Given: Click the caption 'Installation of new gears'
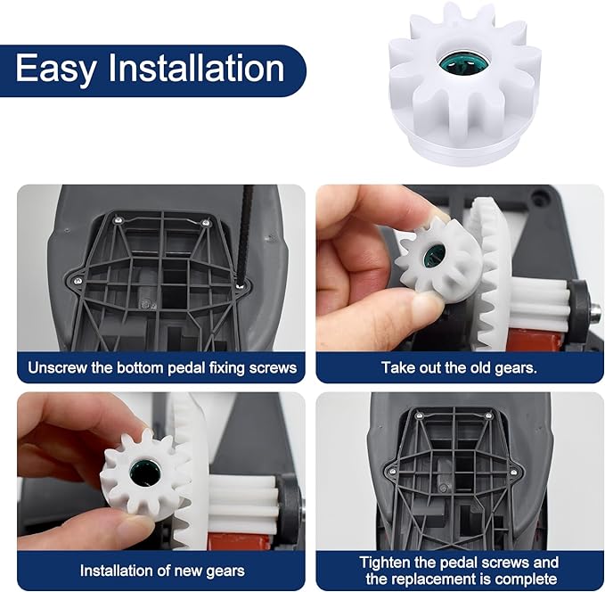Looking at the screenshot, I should [x=161, y=570].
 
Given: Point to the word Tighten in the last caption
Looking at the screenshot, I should [x=385, y=562].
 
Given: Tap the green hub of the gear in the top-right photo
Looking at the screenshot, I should [x=433, y=257].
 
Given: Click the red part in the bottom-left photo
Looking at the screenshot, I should [x=234, y=540].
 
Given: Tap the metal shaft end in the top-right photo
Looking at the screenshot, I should [x=593, y=312].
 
